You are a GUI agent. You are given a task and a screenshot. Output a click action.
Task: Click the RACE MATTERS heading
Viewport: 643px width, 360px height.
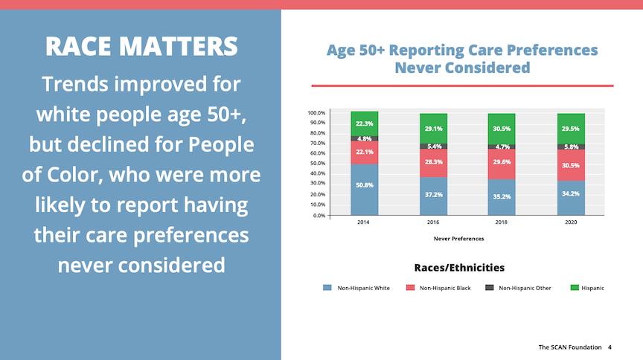coord(141,46)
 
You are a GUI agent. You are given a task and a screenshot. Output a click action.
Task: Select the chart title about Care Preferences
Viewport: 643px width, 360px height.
coord(461,59)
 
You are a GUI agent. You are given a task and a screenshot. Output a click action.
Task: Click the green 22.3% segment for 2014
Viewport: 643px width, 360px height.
coord(365,123)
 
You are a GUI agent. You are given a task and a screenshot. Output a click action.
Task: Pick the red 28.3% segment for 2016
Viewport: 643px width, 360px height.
coord(433,163)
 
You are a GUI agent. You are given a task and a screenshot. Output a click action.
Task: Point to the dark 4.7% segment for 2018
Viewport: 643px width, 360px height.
coord(502,147)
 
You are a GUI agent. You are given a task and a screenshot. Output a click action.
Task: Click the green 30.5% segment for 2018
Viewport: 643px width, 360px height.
coord(502,129)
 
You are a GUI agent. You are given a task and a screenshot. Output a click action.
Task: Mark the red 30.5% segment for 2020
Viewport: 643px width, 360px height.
coord(570,165)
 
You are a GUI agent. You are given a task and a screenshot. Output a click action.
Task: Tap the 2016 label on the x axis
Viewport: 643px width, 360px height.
coord(433,222)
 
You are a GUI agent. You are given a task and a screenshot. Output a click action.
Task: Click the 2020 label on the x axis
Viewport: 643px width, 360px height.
coord(570,222)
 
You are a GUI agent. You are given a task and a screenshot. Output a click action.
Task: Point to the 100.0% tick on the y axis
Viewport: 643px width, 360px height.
coord(316,113)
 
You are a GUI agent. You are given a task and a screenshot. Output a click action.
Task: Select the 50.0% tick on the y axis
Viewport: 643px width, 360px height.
coord(317,164)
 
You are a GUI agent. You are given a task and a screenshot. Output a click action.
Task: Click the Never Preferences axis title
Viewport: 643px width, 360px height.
coord(458,239)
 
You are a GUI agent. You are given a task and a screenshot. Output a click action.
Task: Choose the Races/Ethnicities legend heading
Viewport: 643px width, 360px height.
coord(458,267)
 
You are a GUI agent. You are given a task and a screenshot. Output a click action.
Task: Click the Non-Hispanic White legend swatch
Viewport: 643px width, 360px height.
coord(327,288)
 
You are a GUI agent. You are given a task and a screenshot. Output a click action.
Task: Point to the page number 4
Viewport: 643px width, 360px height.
coord(610,347)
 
